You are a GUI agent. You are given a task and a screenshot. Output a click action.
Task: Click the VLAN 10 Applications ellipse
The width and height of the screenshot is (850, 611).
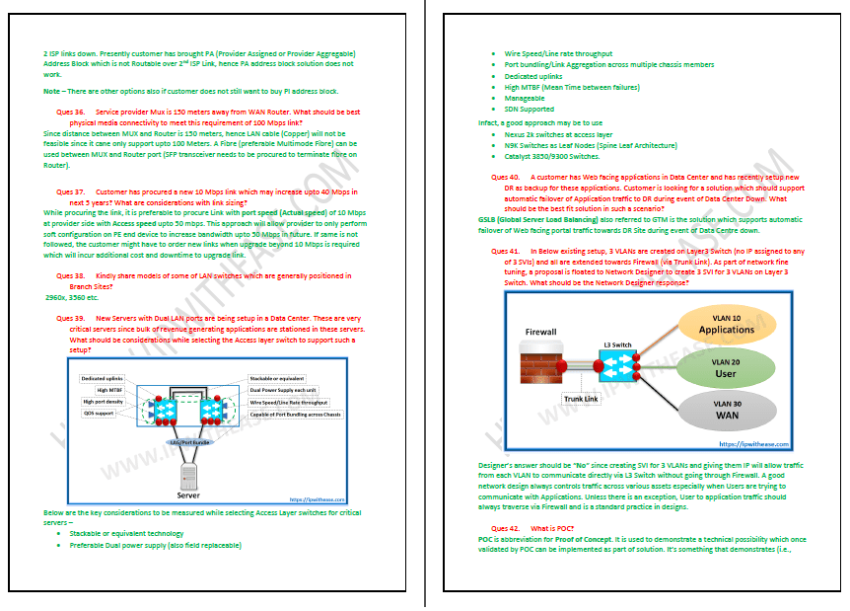[726, 324]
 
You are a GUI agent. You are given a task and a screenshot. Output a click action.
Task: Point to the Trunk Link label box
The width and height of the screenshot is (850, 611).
[581, 399]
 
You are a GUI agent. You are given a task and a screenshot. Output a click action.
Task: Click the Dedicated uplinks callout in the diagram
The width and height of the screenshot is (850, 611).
[102, 378]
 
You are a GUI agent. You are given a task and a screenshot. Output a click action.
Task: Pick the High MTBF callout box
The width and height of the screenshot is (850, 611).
[108, 390]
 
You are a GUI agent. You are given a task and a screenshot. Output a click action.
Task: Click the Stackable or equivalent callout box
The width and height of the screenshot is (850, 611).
[277, 378]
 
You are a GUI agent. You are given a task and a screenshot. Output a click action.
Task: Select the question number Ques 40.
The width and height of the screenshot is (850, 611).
[506, 176]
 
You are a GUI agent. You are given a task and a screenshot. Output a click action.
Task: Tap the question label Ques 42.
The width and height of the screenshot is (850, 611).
[505, 529]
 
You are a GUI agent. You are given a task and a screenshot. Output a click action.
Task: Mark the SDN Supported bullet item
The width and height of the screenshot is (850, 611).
[528, 110]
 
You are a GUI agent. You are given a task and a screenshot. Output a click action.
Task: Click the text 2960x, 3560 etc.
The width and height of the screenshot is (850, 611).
[72, 296]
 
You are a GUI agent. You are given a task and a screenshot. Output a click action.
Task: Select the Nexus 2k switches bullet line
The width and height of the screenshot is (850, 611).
[558, 134]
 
